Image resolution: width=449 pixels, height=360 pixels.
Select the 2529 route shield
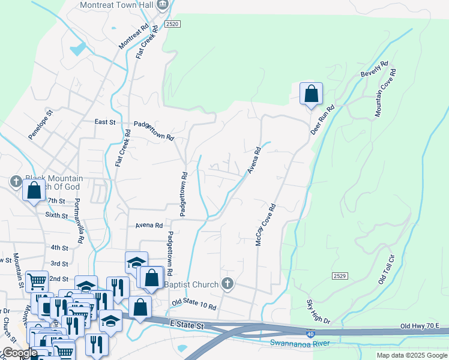coord(339,275)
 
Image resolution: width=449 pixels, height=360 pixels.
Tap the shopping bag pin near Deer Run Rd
coord(311,94)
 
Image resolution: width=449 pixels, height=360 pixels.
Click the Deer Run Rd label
coord(322,120)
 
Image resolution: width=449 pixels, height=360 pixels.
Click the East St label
coord(104,121)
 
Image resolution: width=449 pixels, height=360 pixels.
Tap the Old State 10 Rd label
coord(193,305)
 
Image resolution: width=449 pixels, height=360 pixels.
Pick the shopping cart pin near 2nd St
coord(37,280)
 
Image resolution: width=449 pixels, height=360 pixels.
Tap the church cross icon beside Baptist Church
coord(226,283)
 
